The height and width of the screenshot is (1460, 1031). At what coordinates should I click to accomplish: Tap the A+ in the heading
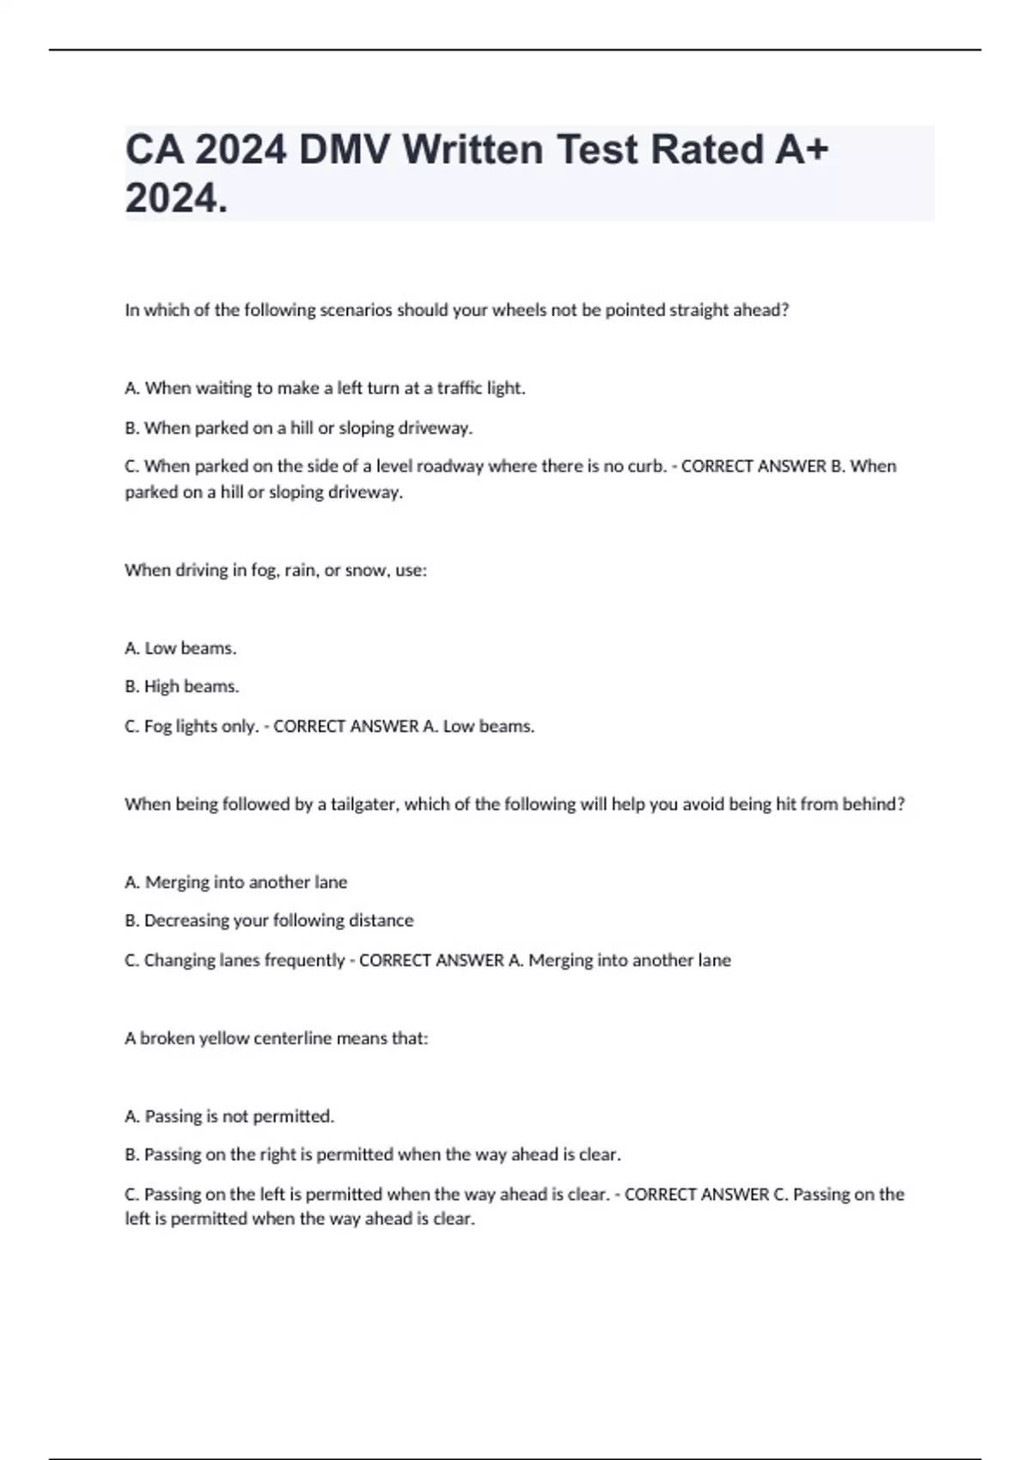[802, 149]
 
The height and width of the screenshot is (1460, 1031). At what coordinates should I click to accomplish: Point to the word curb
[647, 466]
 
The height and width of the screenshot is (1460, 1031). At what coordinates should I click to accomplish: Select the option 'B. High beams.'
[182, 687]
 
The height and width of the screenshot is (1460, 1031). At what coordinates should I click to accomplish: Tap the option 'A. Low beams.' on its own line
[180, 648]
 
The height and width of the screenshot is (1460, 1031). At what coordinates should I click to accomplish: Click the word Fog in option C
[158, 727]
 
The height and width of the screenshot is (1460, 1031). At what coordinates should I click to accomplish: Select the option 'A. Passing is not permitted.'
[229, 1116]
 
